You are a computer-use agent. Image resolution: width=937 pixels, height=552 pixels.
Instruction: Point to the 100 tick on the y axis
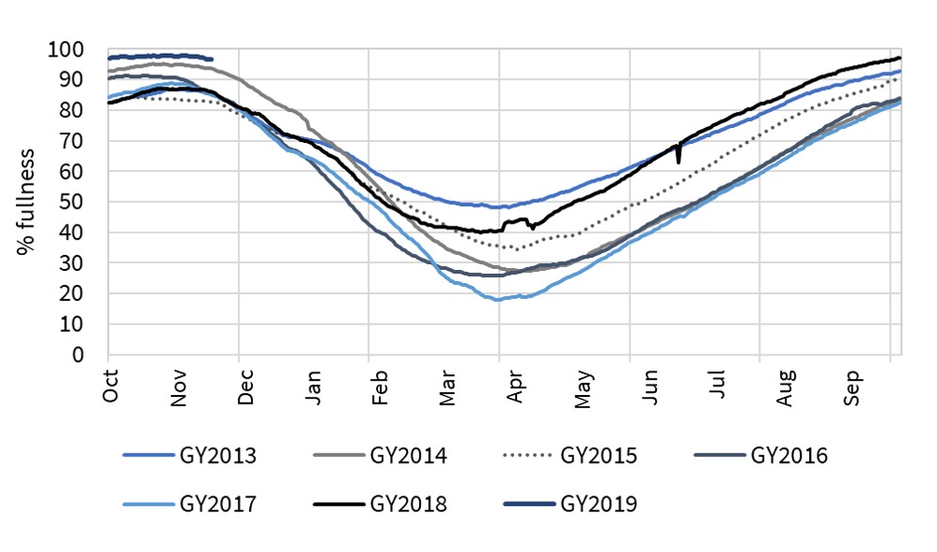click(70, 50)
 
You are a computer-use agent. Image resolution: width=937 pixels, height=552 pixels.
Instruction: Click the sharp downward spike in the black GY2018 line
click(679, 161)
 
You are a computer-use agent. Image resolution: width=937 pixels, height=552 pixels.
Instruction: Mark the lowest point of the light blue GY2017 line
click(497, 299)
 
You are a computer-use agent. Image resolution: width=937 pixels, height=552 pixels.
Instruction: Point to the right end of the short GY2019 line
click(212, 59)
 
